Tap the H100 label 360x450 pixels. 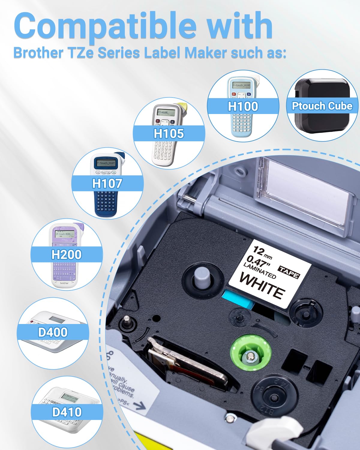click(x=243, y=106)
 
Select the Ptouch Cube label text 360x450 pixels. click(x=322, y=106)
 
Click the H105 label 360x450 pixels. click(x=169, y=133)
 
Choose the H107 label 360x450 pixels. click(x=107, y=183)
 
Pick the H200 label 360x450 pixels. click(x=66, y=254)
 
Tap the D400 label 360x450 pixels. click(x=53, y=332)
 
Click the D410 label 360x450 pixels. click(x=67, y=412)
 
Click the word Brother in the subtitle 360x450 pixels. click(x=38, y=53)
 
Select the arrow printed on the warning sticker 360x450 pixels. click(x=137, y=406)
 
